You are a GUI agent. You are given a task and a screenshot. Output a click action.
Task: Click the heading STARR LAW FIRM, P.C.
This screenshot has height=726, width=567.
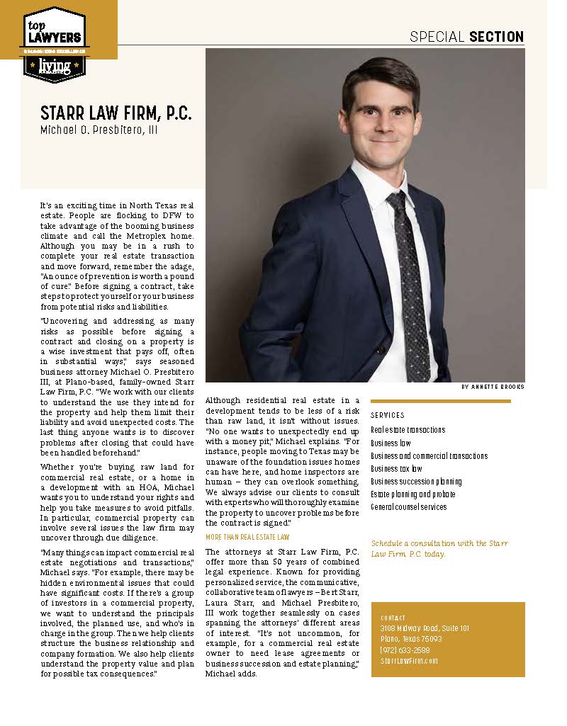pos(116,113)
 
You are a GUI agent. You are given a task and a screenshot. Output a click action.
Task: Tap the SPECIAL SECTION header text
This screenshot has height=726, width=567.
pos(467,37)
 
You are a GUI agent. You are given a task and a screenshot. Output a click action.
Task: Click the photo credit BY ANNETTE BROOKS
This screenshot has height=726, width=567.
pos(493,387)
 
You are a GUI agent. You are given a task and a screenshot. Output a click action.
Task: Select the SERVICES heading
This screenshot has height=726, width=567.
pos(388,415)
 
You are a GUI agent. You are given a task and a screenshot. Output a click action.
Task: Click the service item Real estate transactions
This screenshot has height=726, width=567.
pos(408,430)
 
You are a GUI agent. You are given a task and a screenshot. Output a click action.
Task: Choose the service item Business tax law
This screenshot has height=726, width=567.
pos(396,468)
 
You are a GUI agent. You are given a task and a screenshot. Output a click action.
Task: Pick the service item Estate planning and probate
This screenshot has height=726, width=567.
pos(412,494)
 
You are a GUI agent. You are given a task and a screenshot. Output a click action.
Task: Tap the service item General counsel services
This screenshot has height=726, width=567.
pos(408,507)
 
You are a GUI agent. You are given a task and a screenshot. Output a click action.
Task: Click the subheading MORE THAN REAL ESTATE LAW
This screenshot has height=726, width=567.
pos(247,538)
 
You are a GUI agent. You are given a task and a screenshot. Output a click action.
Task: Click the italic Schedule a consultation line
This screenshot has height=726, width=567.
pos(448,548)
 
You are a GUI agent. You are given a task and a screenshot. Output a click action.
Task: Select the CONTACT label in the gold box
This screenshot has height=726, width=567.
pos(393,618)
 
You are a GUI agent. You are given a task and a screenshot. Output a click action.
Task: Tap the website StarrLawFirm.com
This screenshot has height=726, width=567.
pos(409,660)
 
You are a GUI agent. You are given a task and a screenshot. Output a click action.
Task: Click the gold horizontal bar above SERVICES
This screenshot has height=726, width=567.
pos(440,401)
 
